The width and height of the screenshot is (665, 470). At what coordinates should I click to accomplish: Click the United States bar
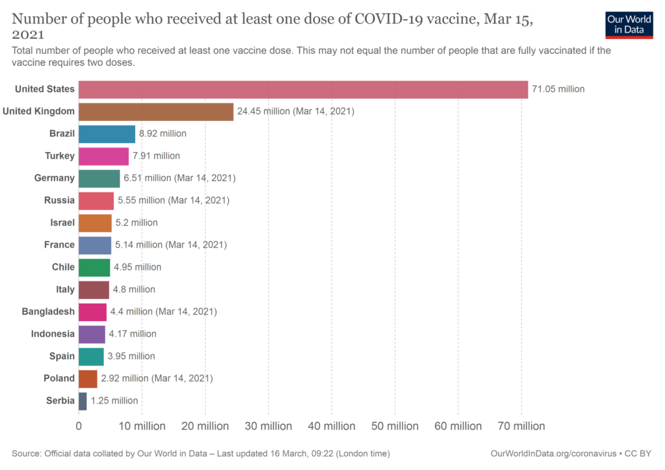coord(303,89)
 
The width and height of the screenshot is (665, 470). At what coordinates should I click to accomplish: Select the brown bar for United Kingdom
coord(156,111)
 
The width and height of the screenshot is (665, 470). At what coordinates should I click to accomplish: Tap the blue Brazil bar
coord(107,134)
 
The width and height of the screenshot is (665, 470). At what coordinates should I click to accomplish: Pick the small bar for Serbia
coord(82,401)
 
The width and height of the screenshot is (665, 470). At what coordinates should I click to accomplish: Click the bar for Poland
coord(88,378)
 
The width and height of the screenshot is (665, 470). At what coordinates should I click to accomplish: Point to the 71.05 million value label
coord(558,89)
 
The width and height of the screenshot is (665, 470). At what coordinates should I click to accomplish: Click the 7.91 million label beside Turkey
coord(156,156)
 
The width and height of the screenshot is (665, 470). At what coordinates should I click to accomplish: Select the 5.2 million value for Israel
coord(136,223)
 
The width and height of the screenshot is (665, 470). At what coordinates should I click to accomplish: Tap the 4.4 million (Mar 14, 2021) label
coord(163,312)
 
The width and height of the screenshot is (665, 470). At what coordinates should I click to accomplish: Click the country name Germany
coord(55,178)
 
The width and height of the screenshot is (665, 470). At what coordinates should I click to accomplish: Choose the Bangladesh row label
coord(48,312)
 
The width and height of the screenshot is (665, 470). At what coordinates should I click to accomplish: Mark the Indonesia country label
coord(53,334)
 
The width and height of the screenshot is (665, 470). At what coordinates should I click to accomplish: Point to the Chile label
coord(63,267)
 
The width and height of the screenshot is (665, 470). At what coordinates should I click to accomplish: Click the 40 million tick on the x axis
coord(331,426)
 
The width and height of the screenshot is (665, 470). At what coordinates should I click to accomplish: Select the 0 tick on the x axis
coord(79,426)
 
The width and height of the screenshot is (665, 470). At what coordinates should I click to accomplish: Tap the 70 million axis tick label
coord(521,426)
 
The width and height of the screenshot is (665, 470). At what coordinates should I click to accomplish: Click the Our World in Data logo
coord(629,25)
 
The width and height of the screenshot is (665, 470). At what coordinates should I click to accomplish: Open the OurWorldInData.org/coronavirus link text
coord(553,453)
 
